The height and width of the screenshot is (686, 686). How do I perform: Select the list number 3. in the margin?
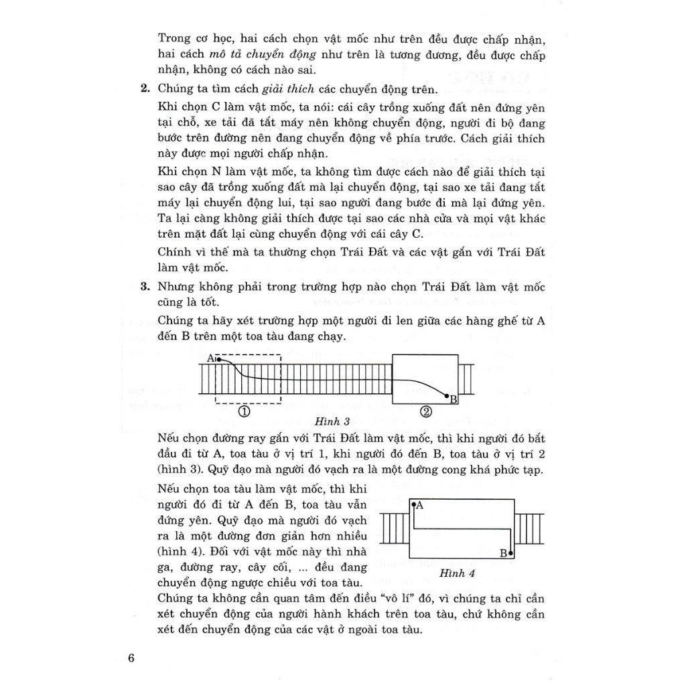pyautogui.click(x=144, y=287)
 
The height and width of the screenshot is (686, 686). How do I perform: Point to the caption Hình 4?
pyautogui.click(x=458, y=573)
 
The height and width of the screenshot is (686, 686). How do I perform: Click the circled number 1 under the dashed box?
pyautogui.click(x=245, y=411)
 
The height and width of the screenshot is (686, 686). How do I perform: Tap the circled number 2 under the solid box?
pyautogui.click(x=426, y=411)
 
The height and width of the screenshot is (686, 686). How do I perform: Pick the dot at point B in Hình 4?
pyautogui.click(x=510, y=553)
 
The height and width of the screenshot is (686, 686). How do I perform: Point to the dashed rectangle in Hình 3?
pyautogui.click(x=248, y=379)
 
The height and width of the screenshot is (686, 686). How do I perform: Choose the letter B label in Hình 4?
pyautogui.click(x=503, y=554)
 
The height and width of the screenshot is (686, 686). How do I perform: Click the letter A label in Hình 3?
pyautogui.click(x=210, y=358)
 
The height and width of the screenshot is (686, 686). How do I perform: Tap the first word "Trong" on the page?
pyautogui.click(x=174, y=38)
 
